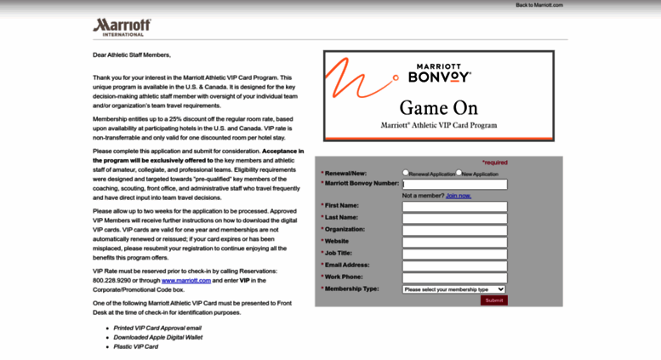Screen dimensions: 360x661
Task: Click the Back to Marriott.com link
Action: [x=539, y=5]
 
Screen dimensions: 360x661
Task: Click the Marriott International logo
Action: [x=122, y=27]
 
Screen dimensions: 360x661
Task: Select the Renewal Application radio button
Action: [x=406, y=172]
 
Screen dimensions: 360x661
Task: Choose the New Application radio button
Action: [x=459, y=172]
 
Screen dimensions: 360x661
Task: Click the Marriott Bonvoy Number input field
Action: [x=455, y=184]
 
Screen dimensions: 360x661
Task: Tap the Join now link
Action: [x=458, y=195]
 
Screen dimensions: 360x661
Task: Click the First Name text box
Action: [x=455, y=206]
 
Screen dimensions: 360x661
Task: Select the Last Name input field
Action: [x=455, y=218]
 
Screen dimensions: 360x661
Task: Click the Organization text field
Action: [x=455, y=230]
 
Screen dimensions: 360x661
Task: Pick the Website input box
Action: [x=455, y=242]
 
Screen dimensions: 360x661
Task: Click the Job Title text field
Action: [x=455, y=254]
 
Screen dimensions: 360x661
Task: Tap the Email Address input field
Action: [x=455, y=266]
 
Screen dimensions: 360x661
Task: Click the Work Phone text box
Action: [x=455, y=277]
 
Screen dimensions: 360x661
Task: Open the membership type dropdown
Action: [x=454, y=289]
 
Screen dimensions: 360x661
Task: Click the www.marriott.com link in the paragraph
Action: [x=186, y=280]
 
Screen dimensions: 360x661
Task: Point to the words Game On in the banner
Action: [x=438, y=108]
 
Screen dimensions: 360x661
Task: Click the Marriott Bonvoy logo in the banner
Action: [x=439, y=72]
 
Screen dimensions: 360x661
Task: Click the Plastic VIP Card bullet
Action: [x=136, y=346]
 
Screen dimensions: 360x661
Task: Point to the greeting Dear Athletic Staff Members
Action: [x=132, y=55]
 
